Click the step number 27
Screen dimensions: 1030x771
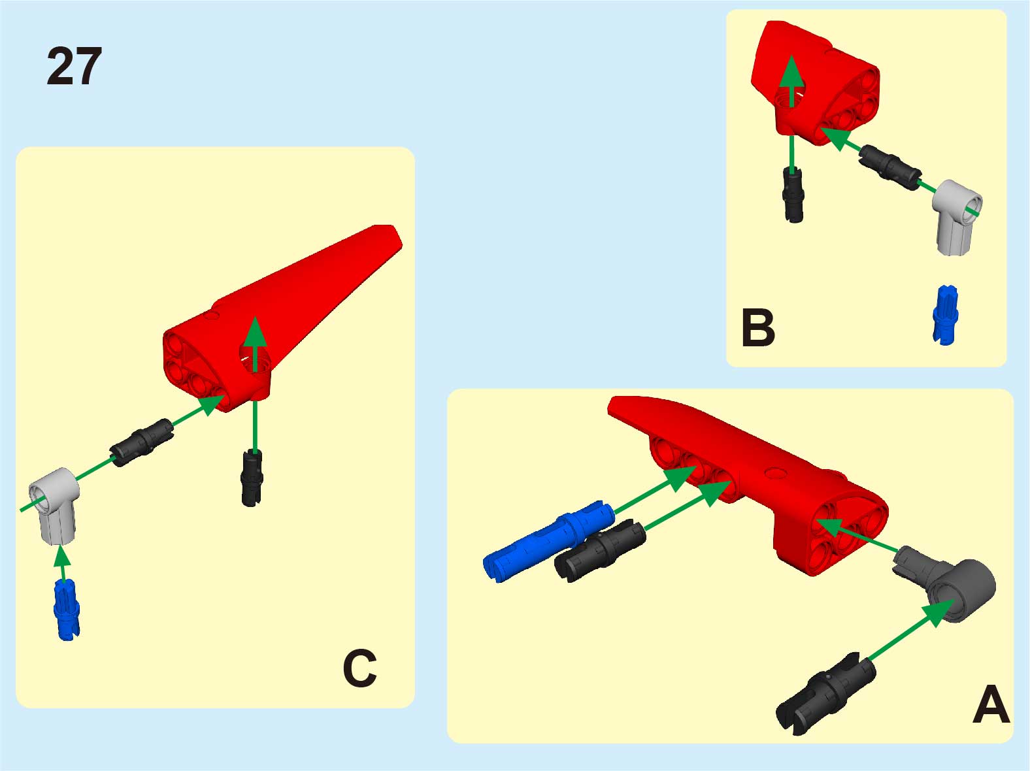[74, 66]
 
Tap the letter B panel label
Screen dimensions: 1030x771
[758, 328]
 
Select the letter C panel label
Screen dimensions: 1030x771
[360, 668]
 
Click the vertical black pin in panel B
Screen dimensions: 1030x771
[793, 195]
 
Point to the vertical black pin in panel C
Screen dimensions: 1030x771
[252, 478]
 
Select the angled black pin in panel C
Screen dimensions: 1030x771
[142, 442]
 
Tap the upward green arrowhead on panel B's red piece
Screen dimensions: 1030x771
[791, 71]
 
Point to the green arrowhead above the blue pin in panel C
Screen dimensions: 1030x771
[61, 556]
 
